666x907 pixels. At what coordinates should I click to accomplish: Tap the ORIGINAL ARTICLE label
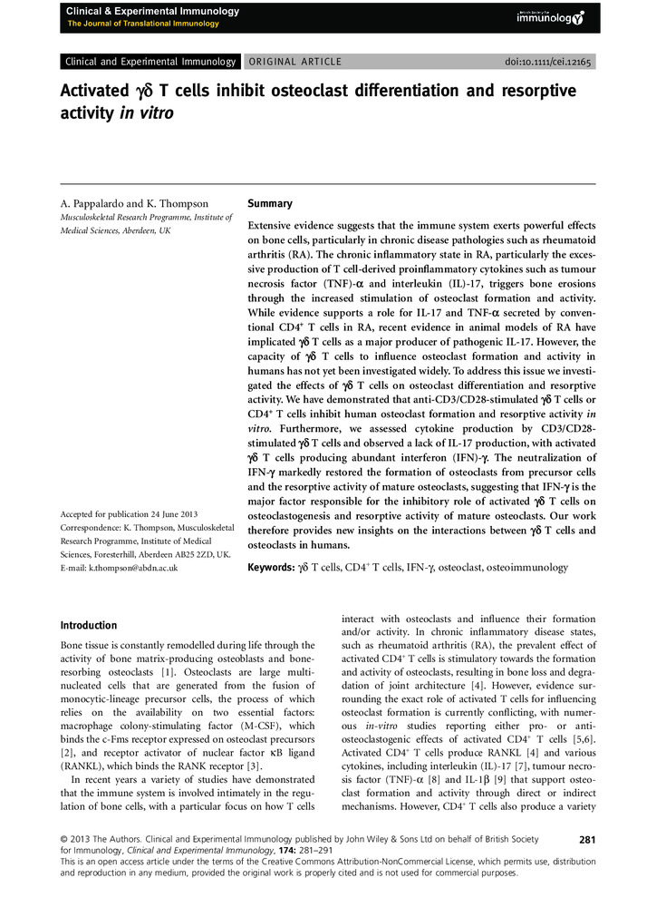(294, 62)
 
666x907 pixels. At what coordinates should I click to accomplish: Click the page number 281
(586, 840)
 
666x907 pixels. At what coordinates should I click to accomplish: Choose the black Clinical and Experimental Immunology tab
(150, 62)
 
